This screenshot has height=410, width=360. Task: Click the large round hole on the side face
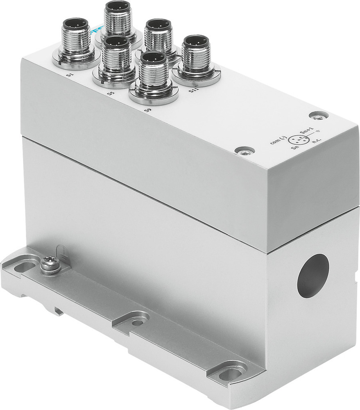[x=313, y=276]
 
